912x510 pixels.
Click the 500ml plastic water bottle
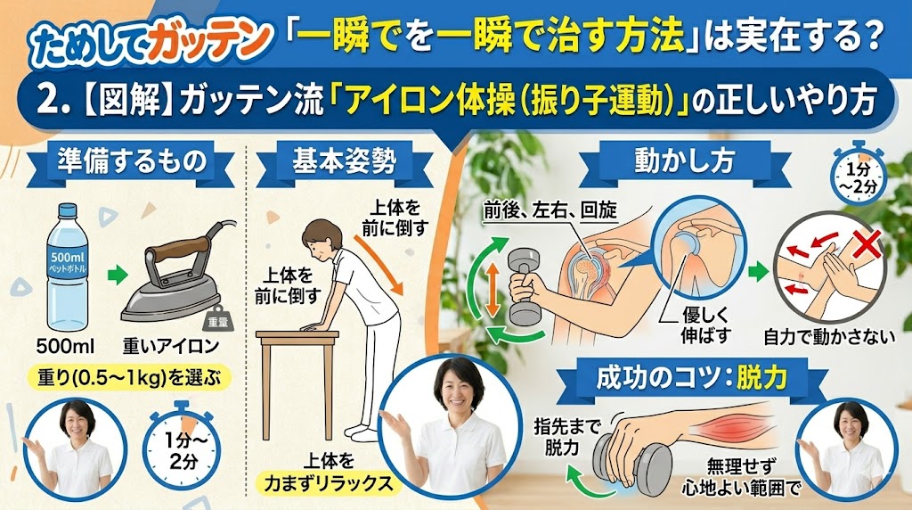tap(68, 267)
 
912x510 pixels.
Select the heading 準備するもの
tap(132, 160)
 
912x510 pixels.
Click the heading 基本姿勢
tap(345, 160)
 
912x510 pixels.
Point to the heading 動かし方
tap(685, 160)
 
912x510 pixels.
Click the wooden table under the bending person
tap(297, 384)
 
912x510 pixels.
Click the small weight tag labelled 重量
tap(219, 318)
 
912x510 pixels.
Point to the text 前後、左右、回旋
tap(550, 210)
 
